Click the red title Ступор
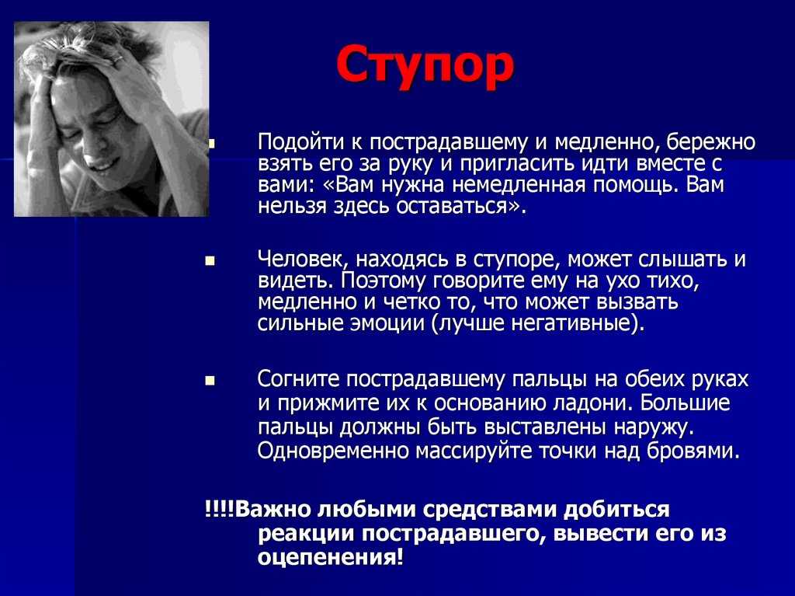pos(425,66)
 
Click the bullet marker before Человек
pos(210,261)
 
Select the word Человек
pos(303,260)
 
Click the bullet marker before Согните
pos(210,381)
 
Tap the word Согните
pos(298,379)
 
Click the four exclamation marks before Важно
pos(219,508)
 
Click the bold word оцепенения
pos(331,557)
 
